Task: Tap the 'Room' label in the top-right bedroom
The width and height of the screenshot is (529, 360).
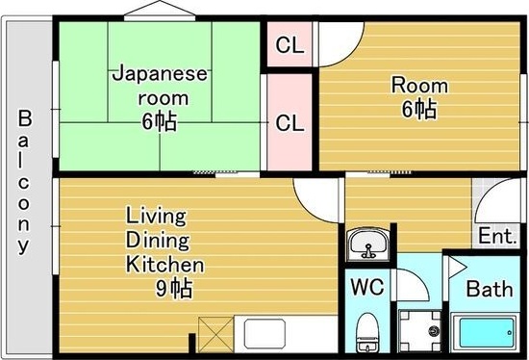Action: tap(418, 85)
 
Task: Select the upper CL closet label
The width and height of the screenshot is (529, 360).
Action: tap(290, 44)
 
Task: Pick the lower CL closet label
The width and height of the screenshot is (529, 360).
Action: tap(290, 123)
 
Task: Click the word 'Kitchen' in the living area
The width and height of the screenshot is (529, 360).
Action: tap(164, 264)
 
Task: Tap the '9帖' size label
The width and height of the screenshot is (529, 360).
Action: tap(177, 287)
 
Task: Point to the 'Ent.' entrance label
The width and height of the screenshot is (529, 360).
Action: tap(495, 235)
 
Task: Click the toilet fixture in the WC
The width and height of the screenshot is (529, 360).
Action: tap(367, 333)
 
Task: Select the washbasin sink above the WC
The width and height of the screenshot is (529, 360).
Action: tap(366, 245)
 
